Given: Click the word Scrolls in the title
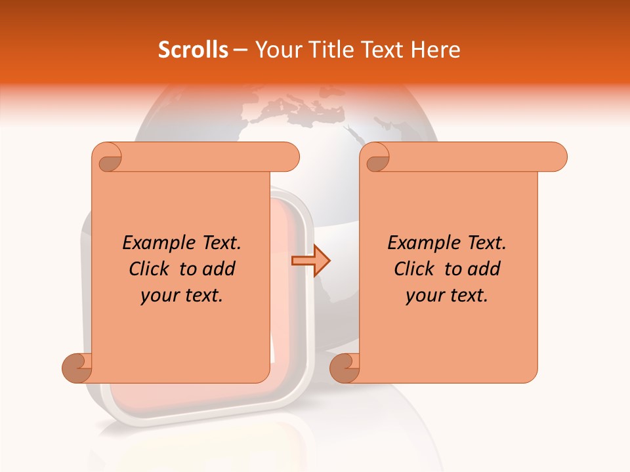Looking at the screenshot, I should click(193, 50).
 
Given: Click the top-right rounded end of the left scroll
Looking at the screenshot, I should click(289, 157).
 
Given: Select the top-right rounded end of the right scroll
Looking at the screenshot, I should click(556, 157).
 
